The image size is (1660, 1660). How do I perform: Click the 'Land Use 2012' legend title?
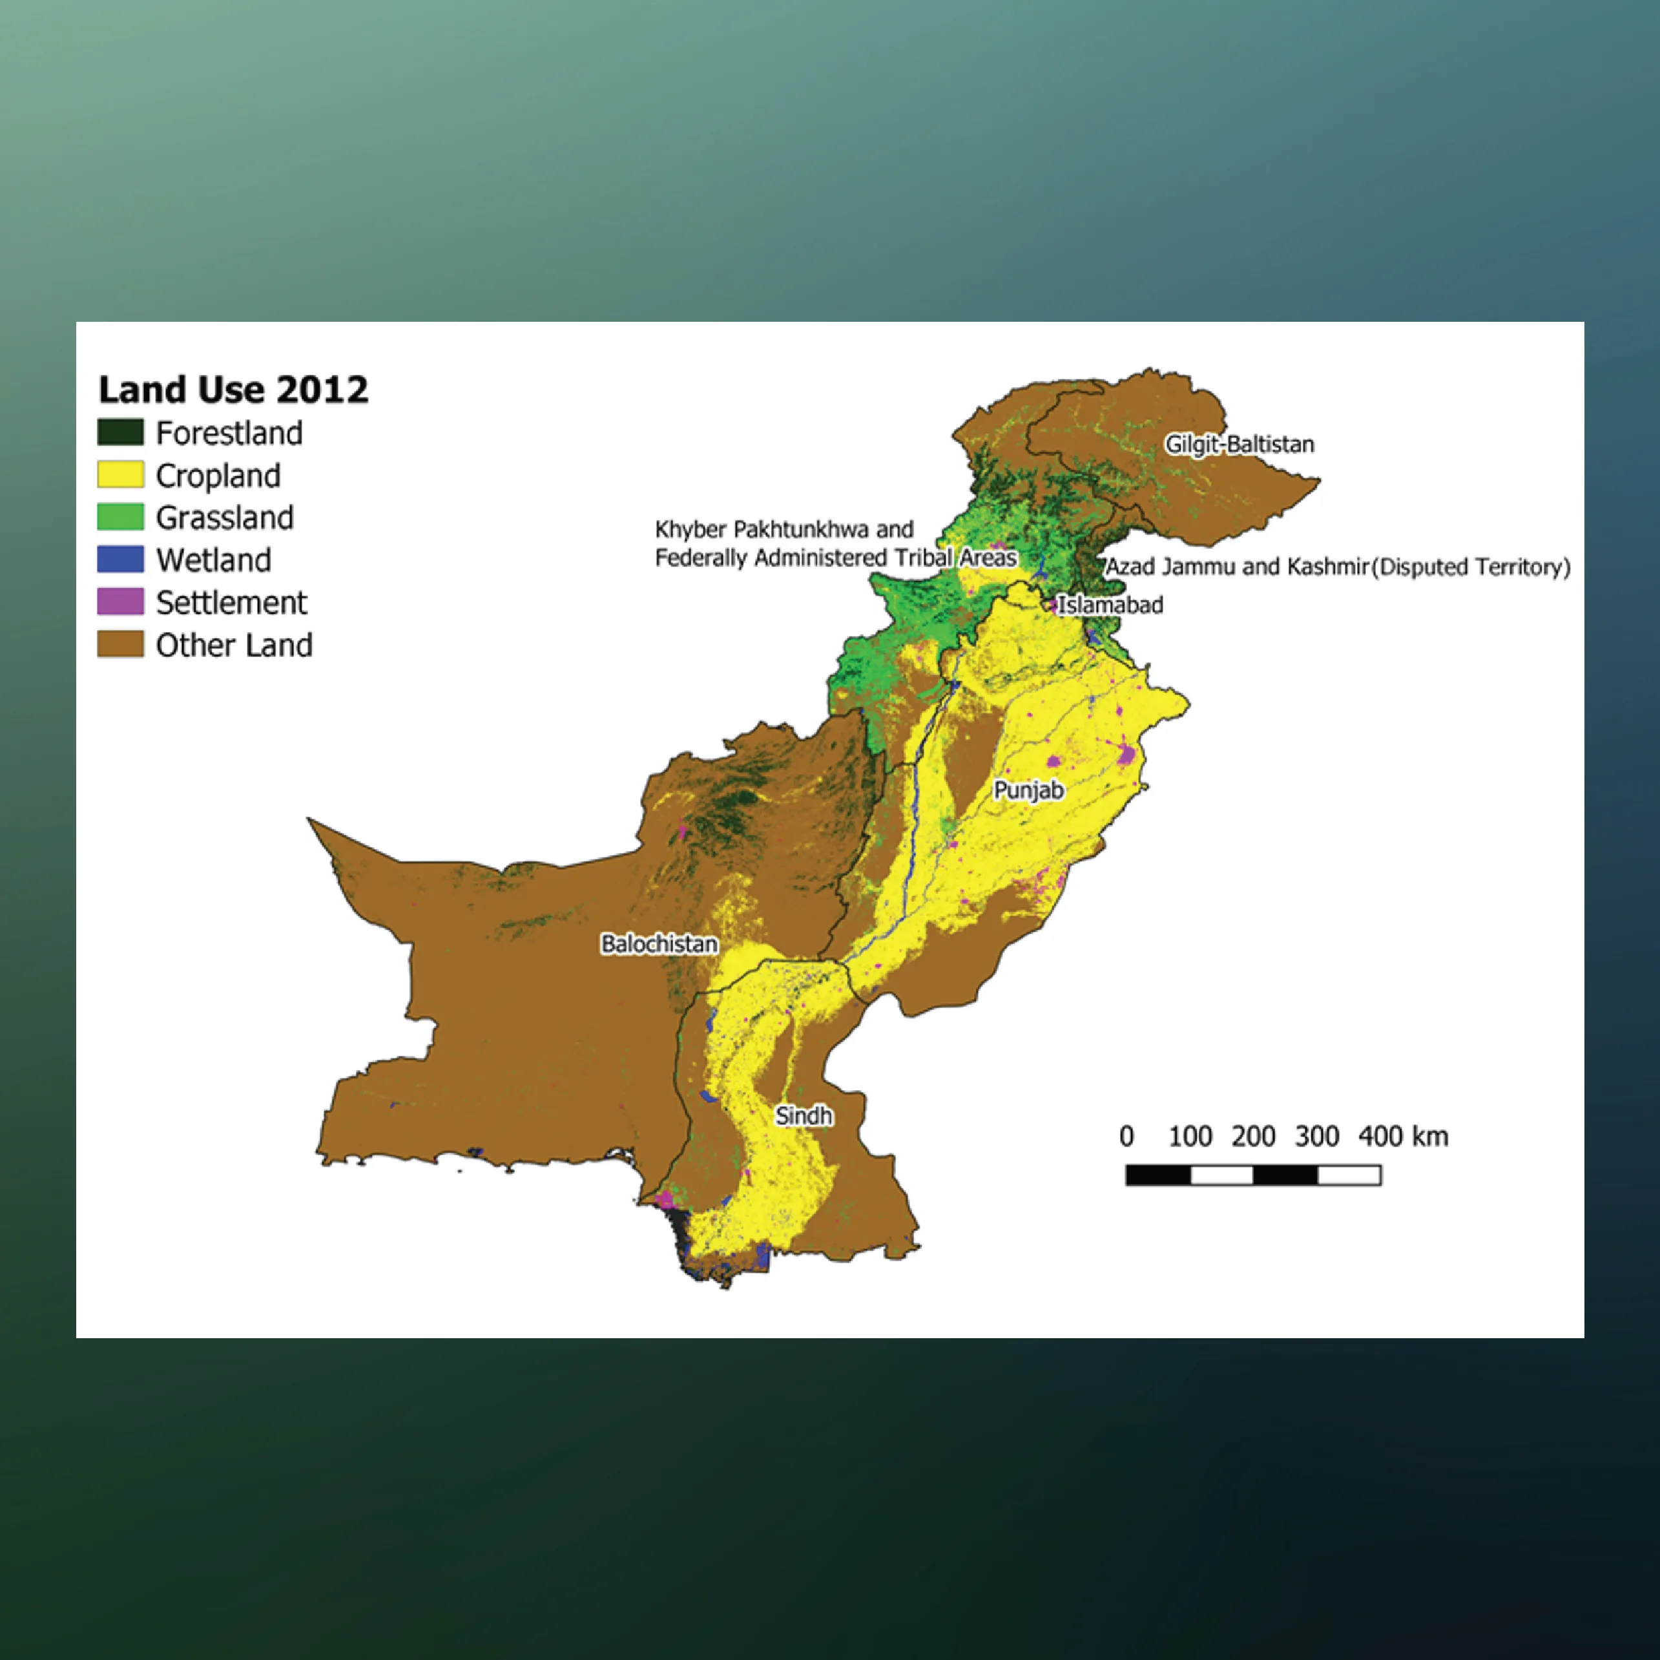(233, 390)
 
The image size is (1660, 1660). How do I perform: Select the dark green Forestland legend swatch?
(120, 432)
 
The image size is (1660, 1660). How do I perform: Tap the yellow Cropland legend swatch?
(120, 474)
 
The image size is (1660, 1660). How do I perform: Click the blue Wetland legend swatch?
(120, 560)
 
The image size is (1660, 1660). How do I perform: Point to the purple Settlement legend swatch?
(120, 602)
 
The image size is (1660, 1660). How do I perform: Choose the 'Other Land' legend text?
(234, 645)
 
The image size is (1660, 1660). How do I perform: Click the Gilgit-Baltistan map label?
(1239, 445)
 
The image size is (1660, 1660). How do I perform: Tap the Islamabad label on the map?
(1110, 605)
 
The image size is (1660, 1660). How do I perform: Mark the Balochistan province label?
(659, 944)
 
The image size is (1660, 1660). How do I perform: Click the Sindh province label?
(804, 1116)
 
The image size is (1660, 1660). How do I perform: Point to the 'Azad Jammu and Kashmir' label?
(1236, 567)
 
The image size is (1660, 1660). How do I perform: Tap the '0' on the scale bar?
(1126, 1137)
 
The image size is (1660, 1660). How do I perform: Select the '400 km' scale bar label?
(1403, 1137)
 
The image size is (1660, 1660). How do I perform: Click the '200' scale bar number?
(1252, 1137)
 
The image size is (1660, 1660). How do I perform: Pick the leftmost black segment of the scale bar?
(1158, 1175)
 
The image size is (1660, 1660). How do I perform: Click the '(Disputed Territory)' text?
(1470, 567)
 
